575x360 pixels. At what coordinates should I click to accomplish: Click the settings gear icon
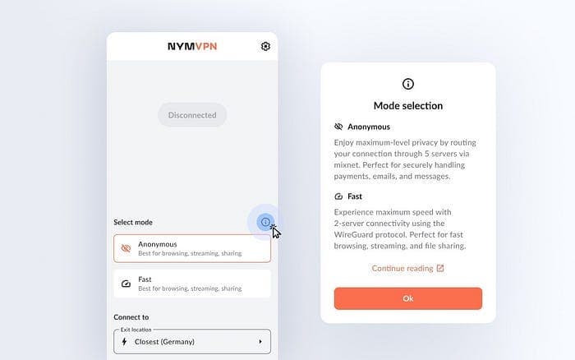coord(265,46)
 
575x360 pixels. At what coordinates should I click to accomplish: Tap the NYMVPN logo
coord(192,46)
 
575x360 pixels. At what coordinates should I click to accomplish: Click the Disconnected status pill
coord(192,115)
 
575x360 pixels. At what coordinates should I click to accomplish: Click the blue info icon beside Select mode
coord(265,222)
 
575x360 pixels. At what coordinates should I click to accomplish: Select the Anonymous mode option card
coord(192,248)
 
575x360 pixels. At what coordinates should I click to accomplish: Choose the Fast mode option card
coord(192,284)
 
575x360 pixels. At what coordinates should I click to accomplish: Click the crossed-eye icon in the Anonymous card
coord(126,248)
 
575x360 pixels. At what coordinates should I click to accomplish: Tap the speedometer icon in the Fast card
coord(126,284)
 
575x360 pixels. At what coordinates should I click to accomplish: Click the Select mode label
coord(133,222)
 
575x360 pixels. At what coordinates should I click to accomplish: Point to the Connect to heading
coord(131,317)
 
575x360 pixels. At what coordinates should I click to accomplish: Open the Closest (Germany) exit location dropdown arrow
coord(260,342)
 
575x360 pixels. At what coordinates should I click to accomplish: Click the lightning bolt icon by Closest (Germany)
coord(124,342)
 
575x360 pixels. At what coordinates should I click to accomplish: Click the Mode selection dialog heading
coord(408,106)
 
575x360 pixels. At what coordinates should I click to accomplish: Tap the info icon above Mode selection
coord(408,84)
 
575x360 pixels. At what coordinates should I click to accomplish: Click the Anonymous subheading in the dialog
coord(369,127)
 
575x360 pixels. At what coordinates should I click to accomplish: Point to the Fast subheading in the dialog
coord(355,196)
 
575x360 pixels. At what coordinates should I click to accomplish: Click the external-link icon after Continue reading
coord(440,268)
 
